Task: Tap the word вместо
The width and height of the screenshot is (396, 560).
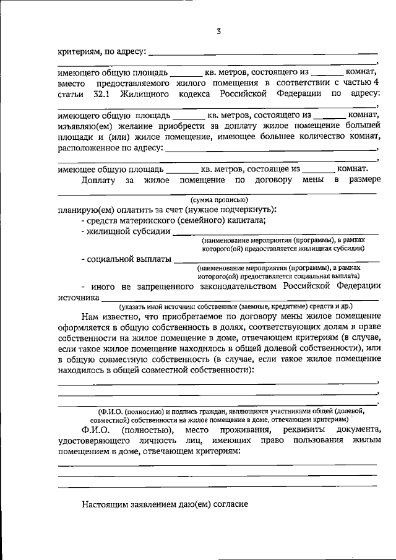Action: click(71, 83)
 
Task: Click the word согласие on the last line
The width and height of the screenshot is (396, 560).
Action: click(227, 504)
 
